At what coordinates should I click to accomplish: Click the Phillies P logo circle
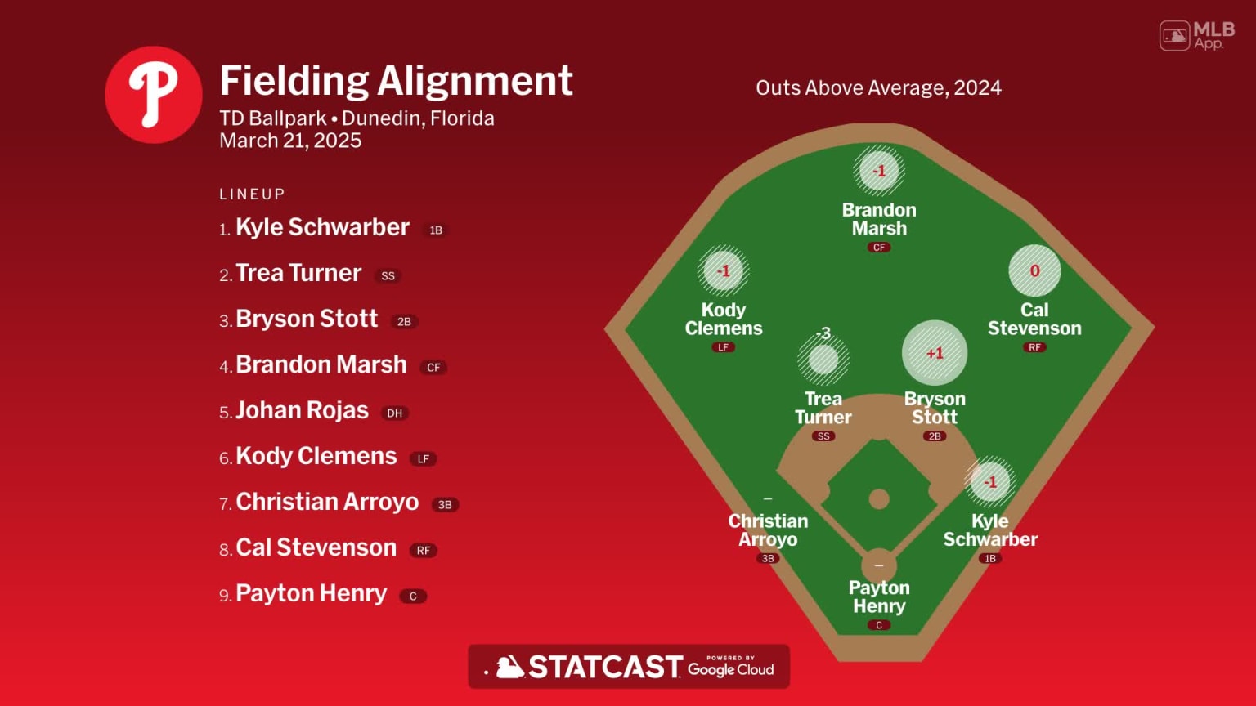(154, 95)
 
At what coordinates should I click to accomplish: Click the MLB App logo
(1196, 35)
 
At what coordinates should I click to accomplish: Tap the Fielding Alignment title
(396, 81)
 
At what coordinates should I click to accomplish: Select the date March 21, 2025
(290, 141)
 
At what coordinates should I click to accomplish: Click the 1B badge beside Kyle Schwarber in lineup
(436, 230)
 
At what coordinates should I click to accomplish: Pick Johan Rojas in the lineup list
(302, 410)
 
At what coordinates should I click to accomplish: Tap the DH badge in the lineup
(395, 413)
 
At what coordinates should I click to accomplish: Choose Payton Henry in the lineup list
(311, 593)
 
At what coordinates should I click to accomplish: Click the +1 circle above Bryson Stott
(935, 353)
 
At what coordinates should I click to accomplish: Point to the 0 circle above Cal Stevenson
(1034, 270)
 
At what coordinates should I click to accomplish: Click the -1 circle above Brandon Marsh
(879, 172)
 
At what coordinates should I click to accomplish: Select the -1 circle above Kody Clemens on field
(724, 270)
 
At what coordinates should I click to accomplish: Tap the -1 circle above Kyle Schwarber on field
(990, 482)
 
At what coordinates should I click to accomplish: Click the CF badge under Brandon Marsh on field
(879, 248)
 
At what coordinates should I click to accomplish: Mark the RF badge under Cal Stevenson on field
(1034, 347)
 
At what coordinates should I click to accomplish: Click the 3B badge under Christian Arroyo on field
(768, 559)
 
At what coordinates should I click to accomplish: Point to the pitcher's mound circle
(879, 498)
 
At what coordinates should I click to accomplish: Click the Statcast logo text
(604, 668)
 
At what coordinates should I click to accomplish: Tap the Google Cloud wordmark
(730, 669)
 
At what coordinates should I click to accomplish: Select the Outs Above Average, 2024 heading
(878, 88)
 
